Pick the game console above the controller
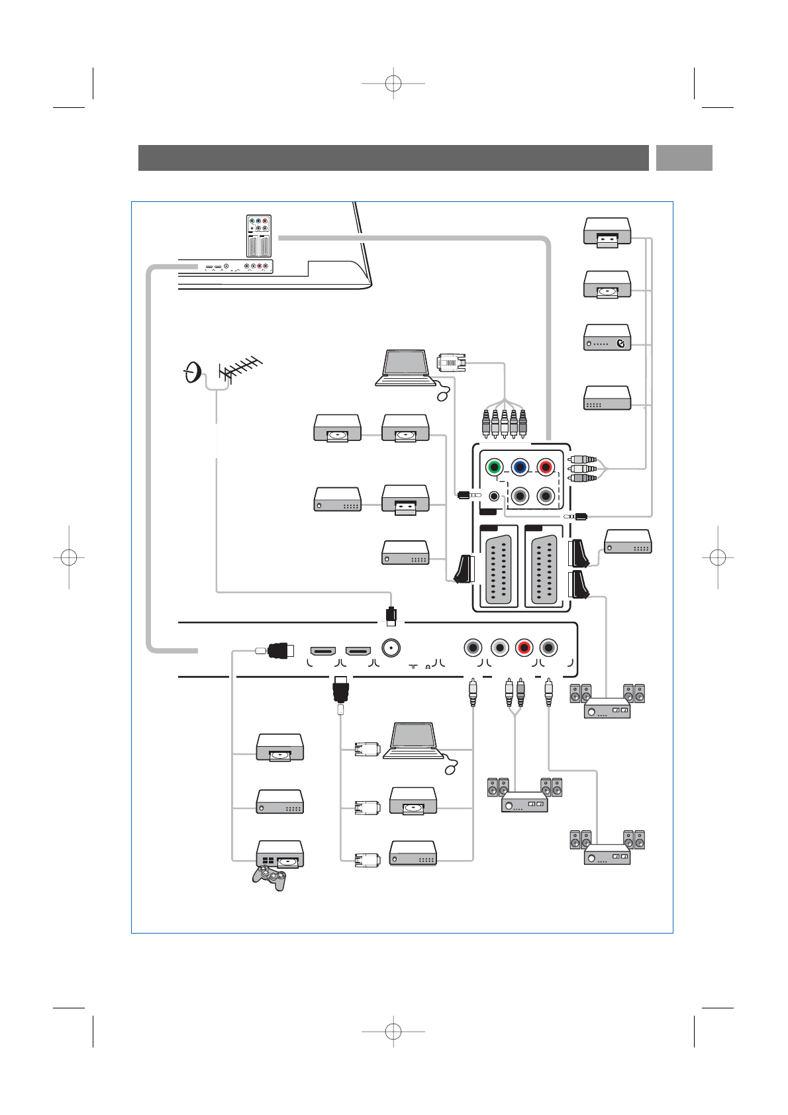[x=279, y=854]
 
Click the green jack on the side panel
[x=494, y=467]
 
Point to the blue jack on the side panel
[x=520, y=467]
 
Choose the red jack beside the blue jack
[x=545, y=467]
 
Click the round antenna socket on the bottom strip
[x=391, y=647]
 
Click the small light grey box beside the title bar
[x=684, y=158]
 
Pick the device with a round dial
[x=607, y=338]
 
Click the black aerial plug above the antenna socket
[x=391, y=614]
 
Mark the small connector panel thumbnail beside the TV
[x=258, y=236]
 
